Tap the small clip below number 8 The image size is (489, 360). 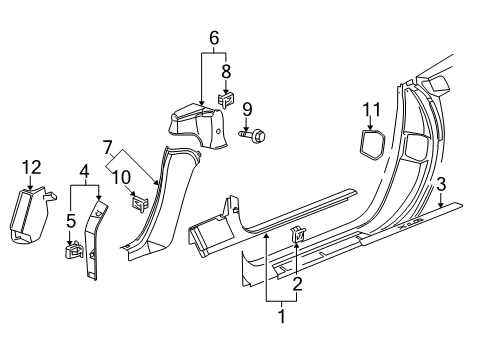click(226, 100)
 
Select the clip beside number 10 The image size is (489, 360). click(140, 205)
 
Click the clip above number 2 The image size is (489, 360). click(298, 263)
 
